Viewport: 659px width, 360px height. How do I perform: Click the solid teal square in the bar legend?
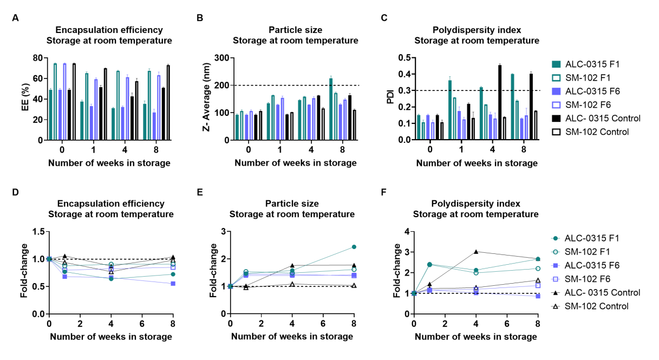(x=556, y=64)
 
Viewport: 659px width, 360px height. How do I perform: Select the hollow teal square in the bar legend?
(x=556, y=78)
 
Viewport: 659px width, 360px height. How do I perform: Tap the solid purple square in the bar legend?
(x=556, y=91)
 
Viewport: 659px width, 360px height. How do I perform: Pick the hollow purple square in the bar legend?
(x=556, y=105)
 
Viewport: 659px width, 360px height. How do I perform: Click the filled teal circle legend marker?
(x=555, y=238)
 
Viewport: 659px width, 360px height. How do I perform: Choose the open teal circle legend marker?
(x=555, y=252)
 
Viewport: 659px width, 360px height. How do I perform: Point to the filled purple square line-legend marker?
(x=555, y=266)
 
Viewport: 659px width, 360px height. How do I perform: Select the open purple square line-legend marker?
(x=555, y=279)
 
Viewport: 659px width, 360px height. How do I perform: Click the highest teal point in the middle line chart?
(x=354, y=247)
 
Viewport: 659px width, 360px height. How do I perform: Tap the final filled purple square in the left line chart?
(x=173, y=284)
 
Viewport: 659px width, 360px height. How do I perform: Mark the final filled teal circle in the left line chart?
(x=173, y=274)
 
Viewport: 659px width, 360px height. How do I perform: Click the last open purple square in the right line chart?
(x=538, y=286)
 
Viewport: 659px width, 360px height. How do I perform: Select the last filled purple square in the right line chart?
(x=538, y=297)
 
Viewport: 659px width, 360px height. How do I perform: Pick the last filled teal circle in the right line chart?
(x=538, y=259)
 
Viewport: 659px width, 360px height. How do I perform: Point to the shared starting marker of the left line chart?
(x=49, y=259)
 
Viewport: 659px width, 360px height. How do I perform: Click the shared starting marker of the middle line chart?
(x=230, y=286)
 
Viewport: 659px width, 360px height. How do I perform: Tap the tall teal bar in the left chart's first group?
(x=55, y=101)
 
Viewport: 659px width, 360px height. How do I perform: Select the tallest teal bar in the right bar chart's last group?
(x=512, y=107)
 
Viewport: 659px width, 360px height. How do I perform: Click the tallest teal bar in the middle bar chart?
(x=331, y=108)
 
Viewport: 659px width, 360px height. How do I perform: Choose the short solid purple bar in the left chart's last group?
(x=154, y=126)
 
